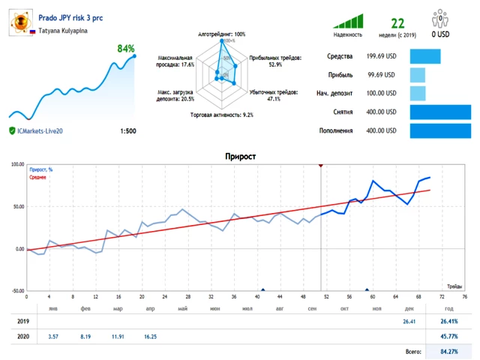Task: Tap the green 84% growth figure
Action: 125,49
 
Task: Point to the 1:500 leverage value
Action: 127,131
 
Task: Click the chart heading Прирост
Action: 240,157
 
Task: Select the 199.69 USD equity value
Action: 381,56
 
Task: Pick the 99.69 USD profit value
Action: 381,75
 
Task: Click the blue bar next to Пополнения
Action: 440,130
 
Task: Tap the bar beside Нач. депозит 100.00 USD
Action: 418,94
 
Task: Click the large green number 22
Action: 397,23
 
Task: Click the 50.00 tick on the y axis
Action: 16,206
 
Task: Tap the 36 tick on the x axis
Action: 233,297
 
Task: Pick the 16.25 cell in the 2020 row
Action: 150,337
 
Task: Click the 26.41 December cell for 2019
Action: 409,322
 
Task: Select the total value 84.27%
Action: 448,351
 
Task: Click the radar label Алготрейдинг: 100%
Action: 221,34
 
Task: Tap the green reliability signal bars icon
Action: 348,21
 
